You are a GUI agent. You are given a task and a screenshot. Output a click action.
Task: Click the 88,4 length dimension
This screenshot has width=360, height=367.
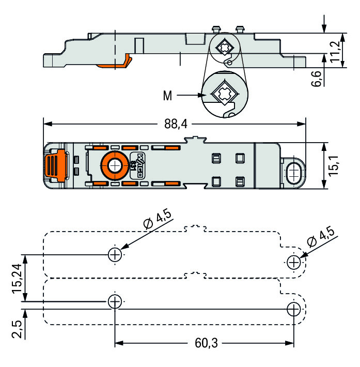tap(176, 124)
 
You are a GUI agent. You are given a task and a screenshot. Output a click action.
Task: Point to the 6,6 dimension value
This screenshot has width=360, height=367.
tap(318, 79)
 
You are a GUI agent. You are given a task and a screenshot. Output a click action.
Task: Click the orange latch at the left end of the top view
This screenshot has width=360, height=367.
tap(54, 165)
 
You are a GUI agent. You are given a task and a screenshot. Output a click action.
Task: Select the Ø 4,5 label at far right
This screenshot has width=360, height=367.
tap(320, 237)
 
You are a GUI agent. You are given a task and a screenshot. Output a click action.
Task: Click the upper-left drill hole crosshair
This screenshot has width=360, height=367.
tap(115, 254)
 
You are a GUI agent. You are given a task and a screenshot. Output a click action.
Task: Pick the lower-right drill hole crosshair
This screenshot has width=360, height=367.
tap(294, 309)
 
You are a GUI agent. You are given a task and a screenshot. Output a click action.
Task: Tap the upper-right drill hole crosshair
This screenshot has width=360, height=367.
tap(294, 262)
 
